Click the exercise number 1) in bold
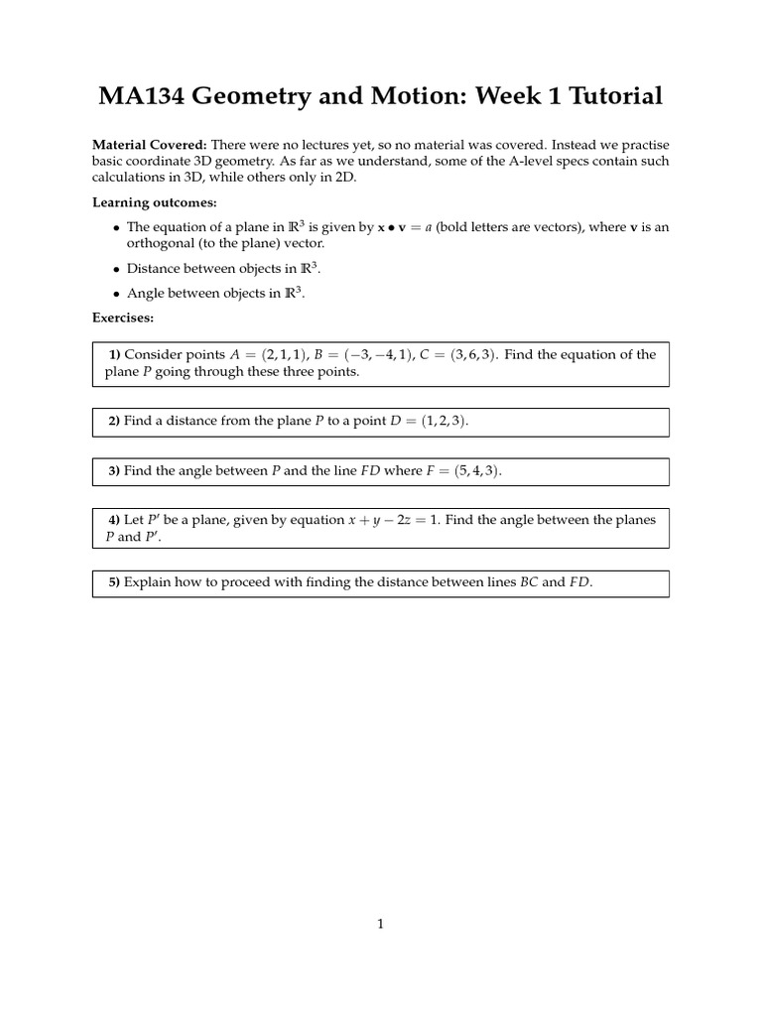tap(114, 355)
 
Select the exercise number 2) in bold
tap(114, 422)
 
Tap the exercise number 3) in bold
tap(114, 471)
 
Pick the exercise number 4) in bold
tap(114, 520)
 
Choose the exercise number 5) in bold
tap(114, 583)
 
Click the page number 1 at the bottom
tap(381, 925)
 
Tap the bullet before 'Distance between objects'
tap(116, 269)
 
